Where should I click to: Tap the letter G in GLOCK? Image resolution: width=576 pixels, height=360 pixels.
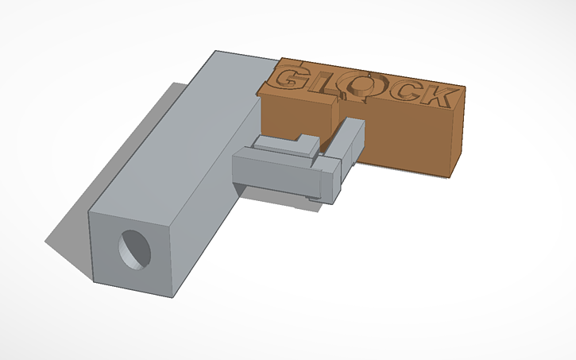290,79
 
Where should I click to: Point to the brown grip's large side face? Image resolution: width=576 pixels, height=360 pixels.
405,139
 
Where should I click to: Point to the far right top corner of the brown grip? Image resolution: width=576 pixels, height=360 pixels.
464,87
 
